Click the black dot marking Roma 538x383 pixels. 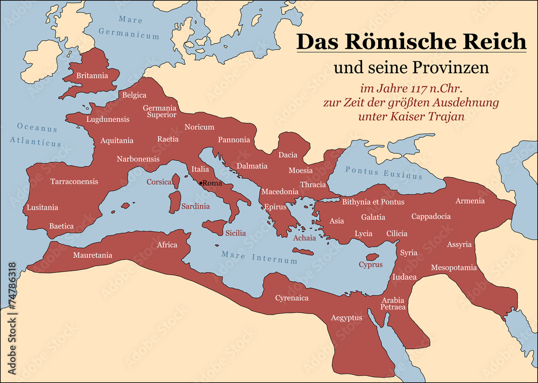tap(201, 183)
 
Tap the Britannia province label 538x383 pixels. tap(92, 75)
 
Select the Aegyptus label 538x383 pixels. tap(346, 318)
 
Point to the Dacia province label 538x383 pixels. tap(288, 155)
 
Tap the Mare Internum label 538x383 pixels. tap(259, 258)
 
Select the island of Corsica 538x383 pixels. tap(175, 181)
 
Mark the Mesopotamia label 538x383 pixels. tap(454, 267)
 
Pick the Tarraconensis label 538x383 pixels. tap(74, 182)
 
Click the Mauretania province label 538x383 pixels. tap(93, 255)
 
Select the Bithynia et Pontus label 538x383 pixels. tap(373, 201)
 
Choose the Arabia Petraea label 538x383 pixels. tap(393, 303)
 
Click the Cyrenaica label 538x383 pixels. tap(292, 297)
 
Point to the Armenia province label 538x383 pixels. tap(470, 201)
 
